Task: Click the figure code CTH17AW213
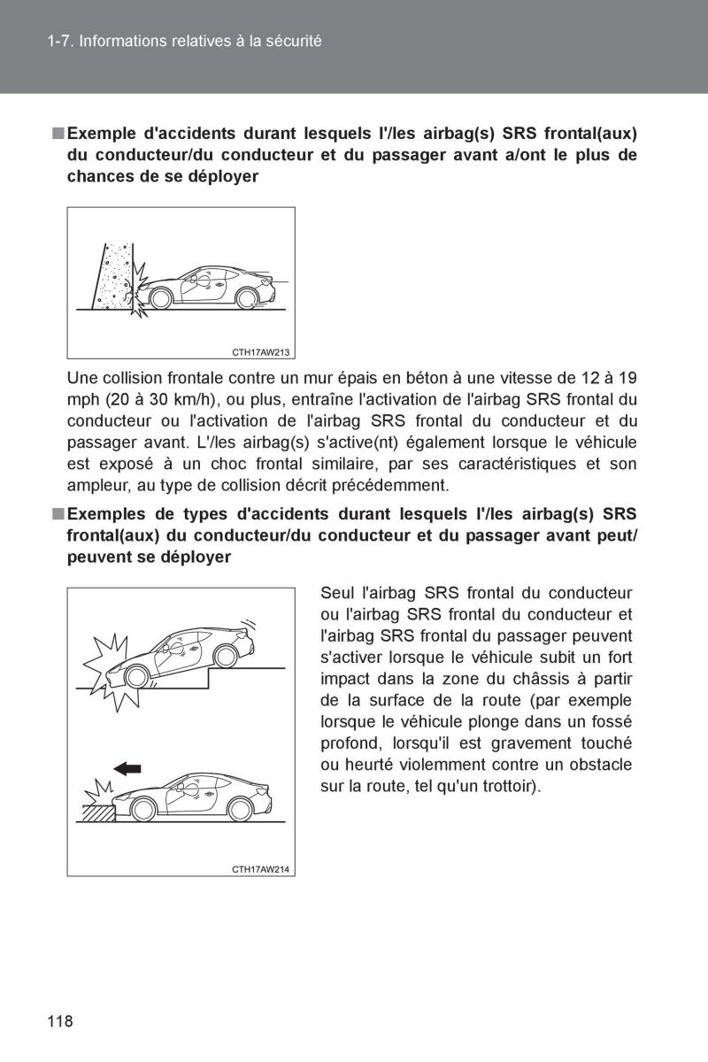point(261,351)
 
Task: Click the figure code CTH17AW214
point(261,869)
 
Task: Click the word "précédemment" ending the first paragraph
point(402,485)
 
